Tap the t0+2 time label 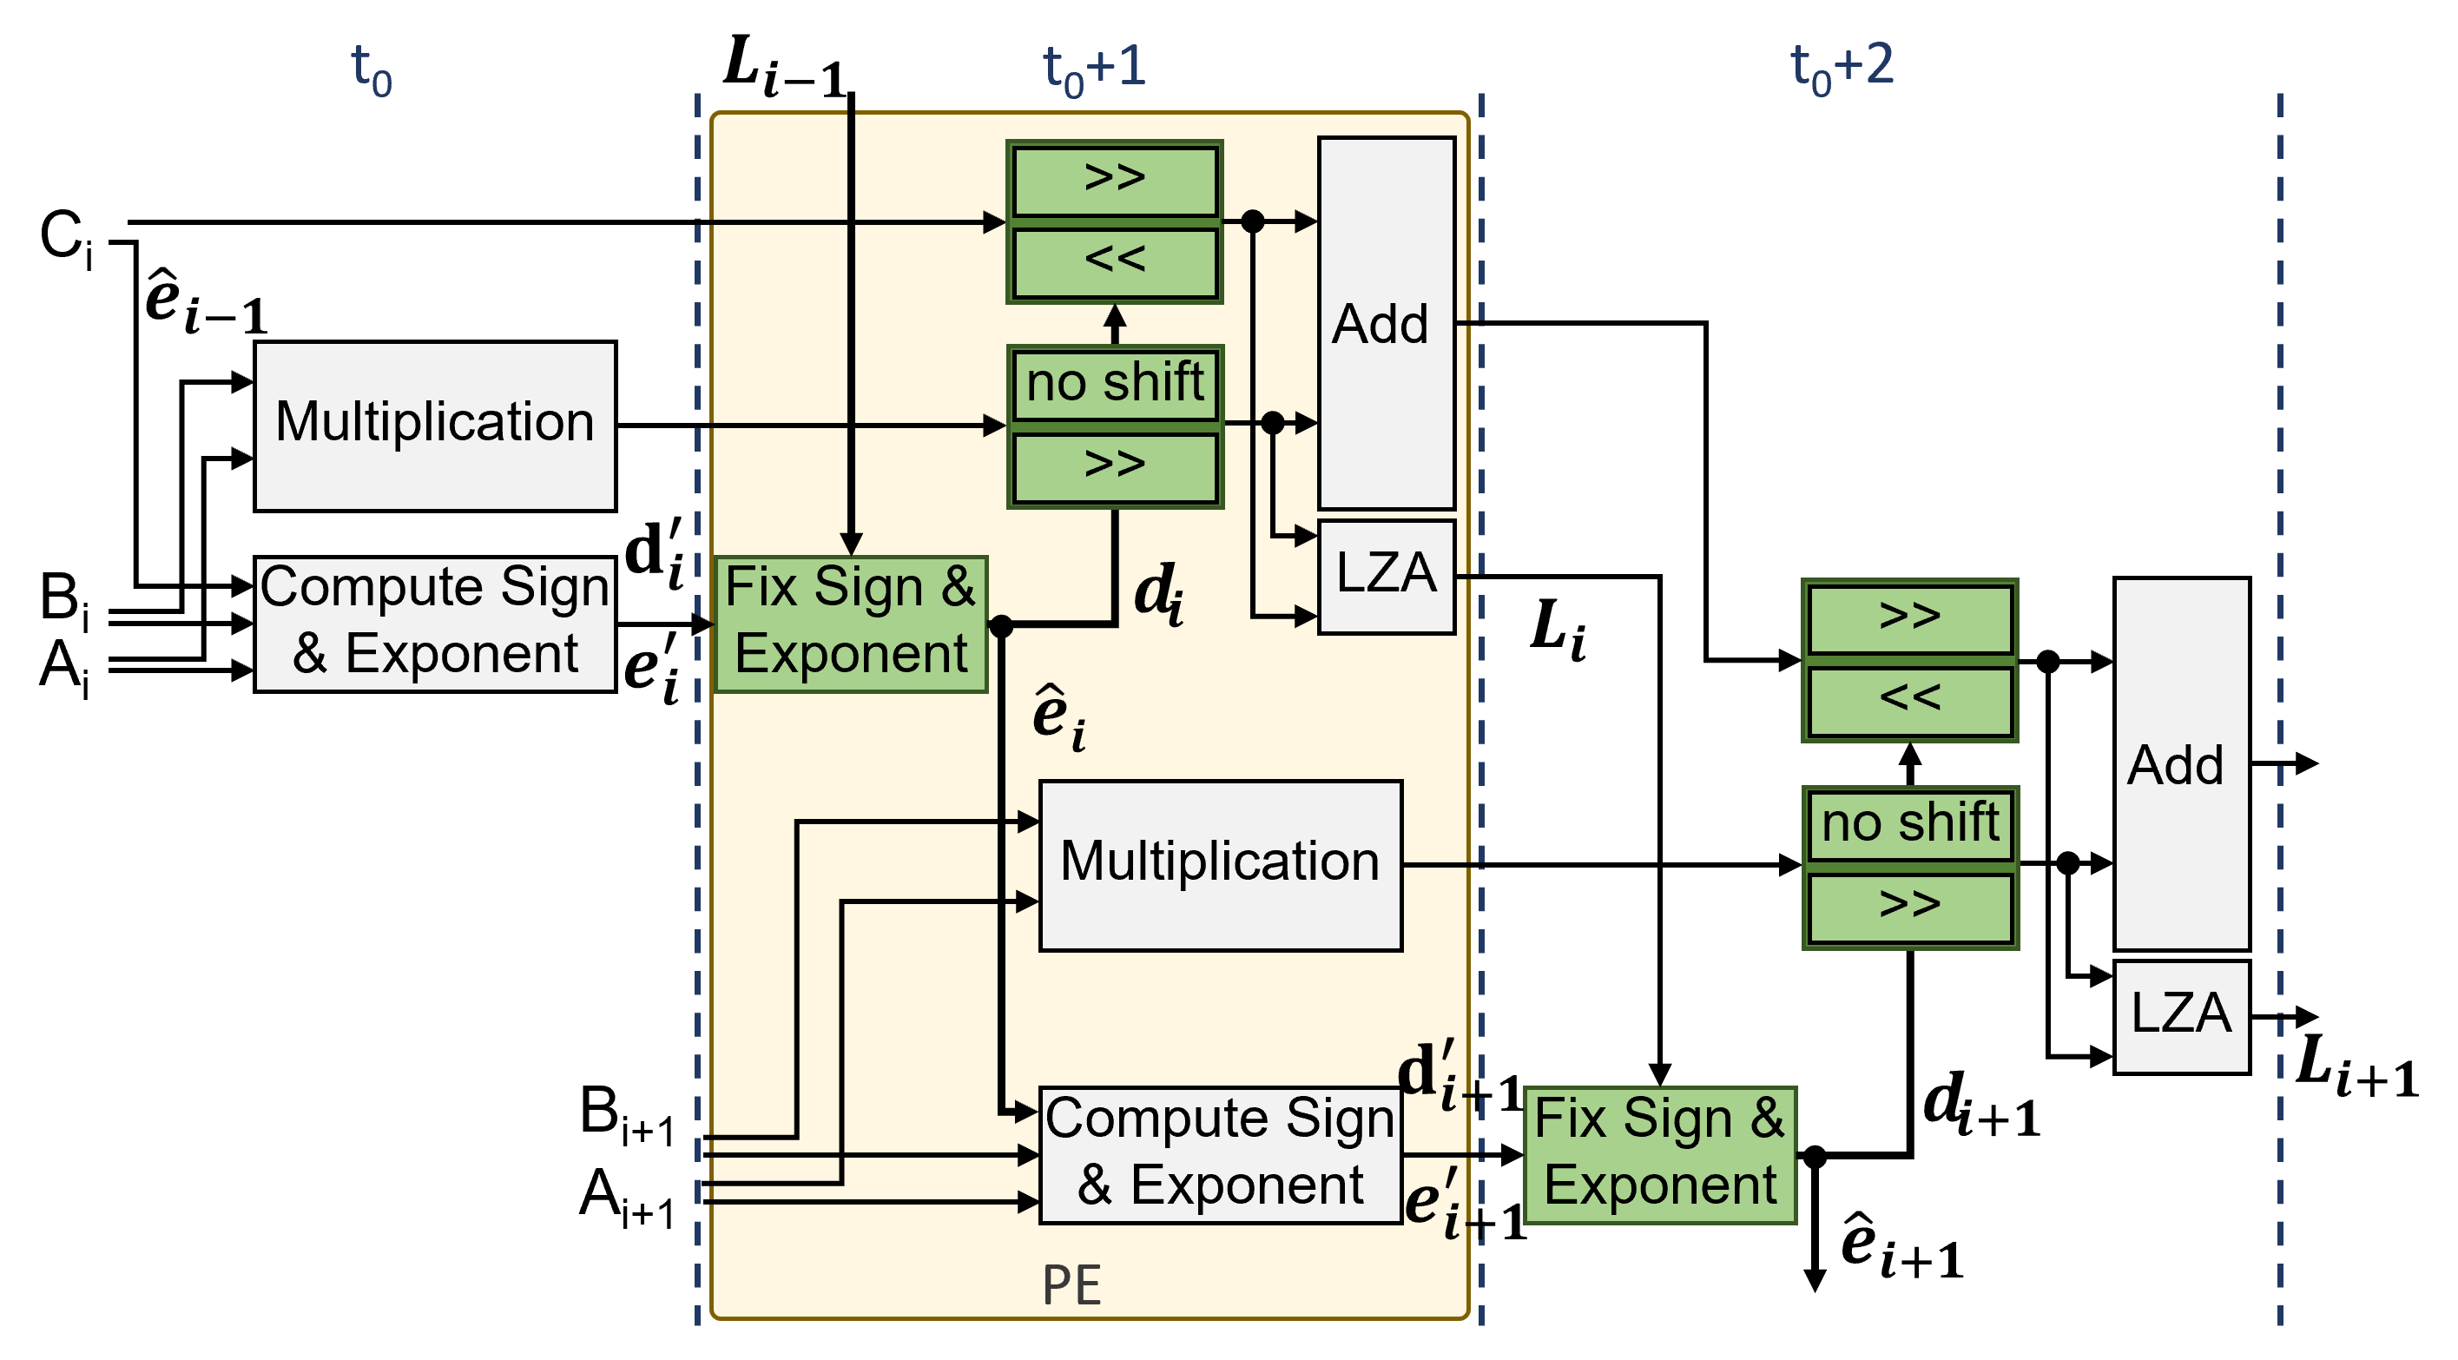tap(1842, 67)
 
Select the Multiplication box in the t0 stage tap(435, 426)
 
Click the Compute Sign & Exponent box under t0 tap(435, 624)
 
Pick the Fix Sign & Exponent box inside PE tap(850, 624)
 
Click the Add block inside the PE tap(1386, 324)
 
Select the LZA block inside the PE tap(1386, 576)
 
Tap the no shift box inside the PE tap(1115, 384)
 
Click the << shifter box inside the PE tap(1115, 261)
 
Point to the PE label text tap(1071, 1284)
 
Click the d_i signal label tap(1158, 594)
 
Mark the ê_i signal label tap(1058, 717)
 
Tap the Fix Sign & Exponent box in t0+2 tap(1659, 1155)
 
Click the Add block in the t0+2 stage tap(2180, 763)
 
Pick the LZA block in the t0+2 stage tap(2180, 1015)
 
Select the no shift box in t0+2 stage tap(1909, 823)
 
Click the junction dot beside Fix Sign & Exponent tap(1000, 626)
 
